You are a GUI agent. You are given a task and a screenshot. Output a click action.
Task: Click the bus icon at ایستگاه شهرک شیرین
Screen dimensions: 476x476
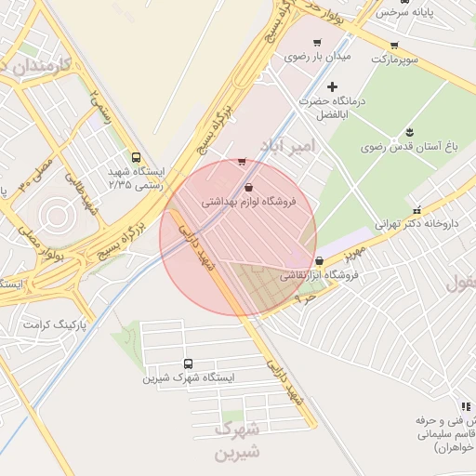coord(189,364)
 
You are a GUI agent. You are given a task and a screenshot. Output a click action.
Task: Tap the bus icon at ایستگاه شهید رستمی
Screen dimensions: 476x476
coord(137,158)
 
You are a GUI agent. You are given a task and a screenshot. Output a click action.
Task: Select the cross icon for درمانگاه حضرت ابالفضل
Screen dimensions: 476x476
coord(333,86)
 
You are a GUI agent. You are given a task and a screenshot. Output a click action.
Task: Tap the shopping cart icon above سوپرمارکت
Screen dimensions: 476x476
coord(394,45)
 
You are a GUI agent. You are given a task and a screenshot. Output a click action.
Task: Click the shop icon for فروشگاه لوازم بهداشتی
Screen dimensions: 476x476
coord(247,188)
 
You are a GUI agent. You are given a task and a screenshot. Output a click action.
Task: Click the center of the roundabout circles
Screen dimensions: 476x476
coord(55,217)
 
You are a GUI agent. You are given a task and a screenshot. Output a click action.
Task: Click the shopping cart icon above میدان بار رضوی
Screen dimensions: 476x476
coord(317,43)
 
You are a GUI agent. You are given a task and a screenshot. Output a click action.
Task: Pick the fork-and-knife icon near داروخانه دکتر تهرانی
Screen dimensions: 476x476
coord(416,210)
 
